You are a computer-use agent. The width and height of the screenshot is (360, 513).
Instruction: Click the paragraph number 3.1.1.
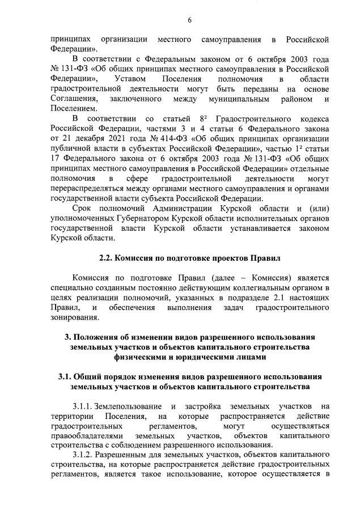82,406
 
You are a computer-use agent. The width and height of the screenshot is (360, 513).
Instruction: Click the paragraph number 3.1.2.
82,455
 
